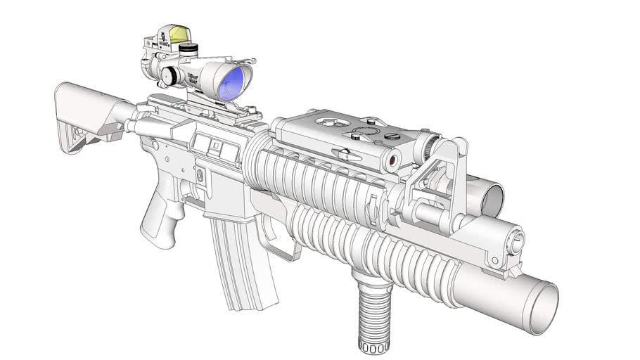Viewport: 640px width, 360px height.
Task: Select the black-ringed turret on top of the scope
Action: pos(188,49)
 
